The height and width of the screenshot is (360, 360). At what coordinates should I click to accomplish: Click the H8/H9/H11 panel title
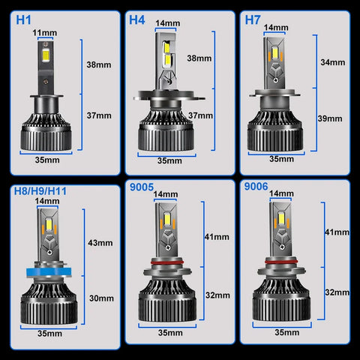coord(40,191)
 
